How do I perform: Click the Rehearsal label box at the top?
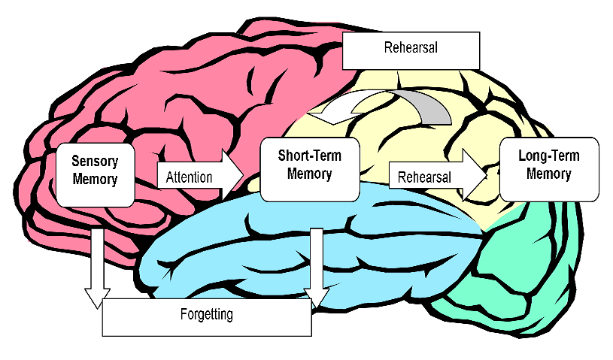pyautogui.click(x=411, y=50)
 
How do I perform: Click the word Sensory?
pyautogui.click(x=95, y=161)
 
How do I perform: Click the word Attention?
pyautogui.click(x=189, y=178)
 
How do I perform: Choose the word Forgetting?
pyautogui.click(x=206, y=314)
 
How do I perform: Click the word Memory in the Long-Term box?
pyautogui.click(x=549, y=174)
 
